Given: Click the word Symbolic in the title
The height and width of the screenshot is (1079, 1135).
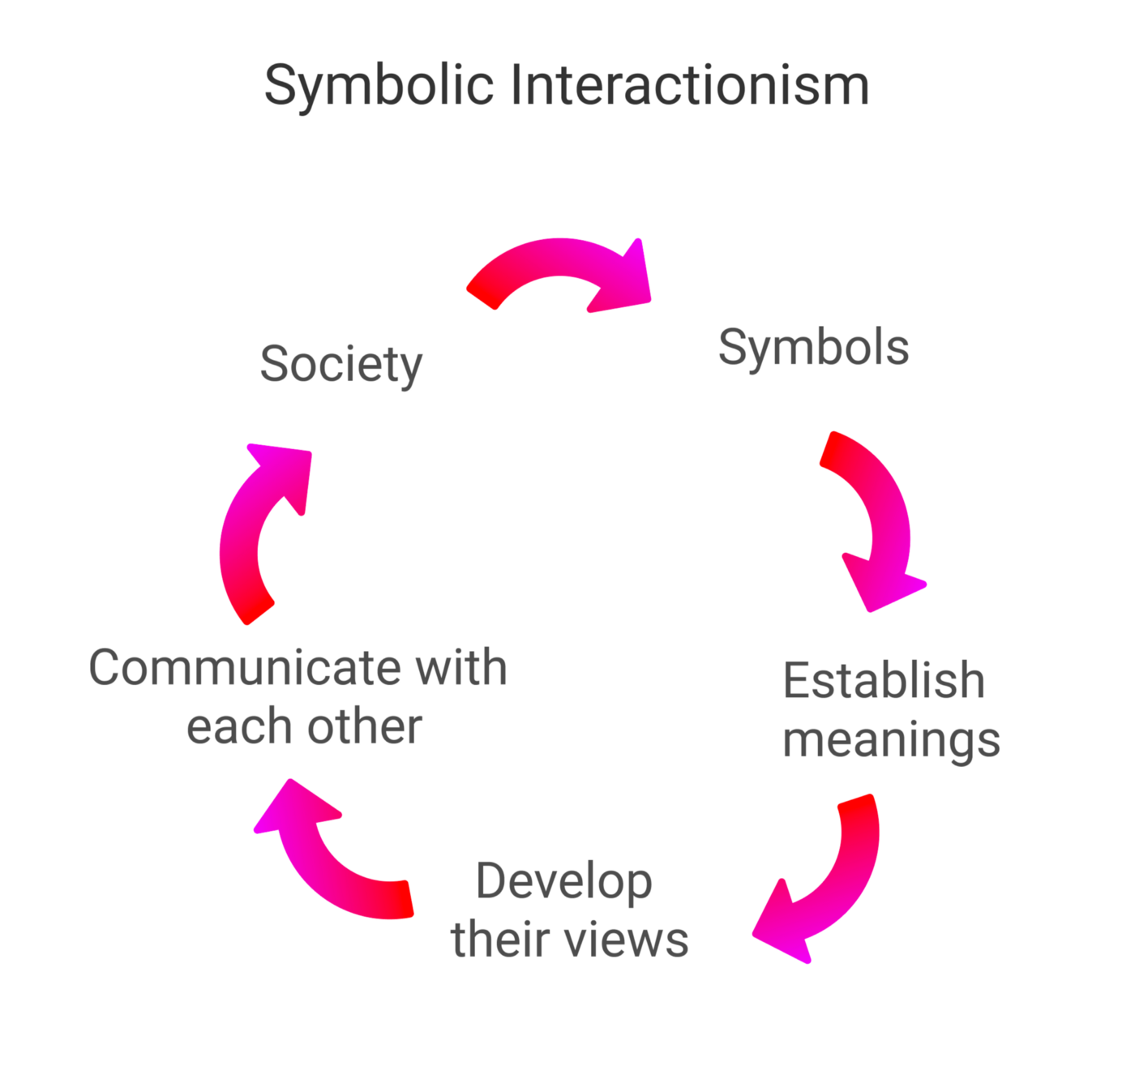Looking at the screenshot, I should point(379,86).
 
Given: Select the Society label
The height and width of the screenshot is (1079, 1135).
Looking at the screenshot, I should point(341,365).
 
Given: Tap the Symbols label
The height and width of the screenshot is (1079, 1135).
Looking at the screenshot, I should point(813,349).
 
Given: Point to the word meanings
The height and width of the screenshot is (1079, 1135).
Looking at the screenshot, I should point(891,740).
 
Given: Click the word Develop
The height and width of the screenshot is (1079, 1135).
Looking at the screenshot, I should point(564,881).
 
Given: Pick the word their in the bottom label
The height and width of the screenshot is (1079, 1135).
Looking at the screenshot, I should point(502,940).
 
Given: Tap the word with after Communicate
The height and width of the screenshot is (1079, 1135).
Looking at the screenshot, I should point(461,668).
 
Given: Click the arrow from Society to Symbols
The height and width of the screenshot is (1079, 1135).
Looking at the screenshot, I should point(559,259).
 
